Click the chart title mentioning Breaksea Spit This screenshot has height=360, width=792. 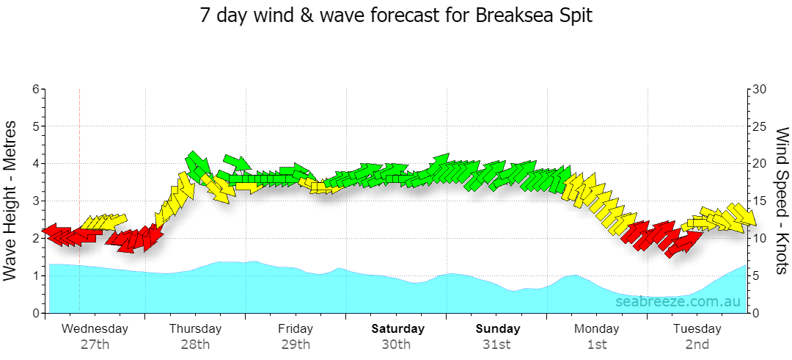[x=395, y=15]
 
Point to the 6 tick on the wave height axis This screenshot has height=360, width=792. [x=35, y=89]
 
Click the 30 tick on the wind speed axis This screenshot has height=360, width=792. [x=760, y=89]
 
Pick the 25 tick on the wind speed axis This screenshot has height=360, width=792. [x=760, y=126]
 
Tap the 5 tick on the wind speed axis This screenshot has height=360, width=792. [x=756, y=276]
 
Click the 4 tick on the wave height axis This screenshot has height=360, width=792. [x=35, y=164]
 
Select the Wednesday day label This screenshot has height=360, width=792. [x=95, y=329]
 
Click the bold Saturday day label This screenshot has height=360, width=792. [x=398, y=329]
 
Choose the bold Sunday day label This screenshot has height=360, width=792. [x=498, y=329]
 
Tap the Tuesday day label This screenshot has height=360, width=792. [x=697, y=329]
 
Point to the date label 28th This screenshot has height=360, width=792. [x=196, y=345]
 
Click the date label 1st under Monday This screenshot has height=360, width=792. [x=597, y=345]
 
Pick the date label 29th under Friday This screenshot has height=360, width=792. [x=296, y=345]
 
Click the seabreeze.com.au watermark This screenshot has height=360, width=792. [x=678, y=302]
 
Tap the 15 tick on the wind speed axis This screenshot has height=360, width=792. [x=760, y=201]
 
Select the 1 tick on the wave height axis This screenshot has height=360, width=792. [x=35, y=276]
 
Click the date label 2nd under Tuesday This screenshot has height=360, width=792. [x=697, y=345]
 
